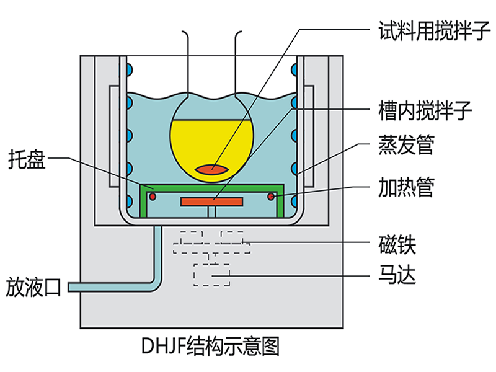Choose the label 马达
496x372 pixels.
[396, 274]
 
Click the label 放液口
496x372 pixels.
[35, 287]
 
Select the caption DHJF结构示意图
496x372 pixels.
[211, 345]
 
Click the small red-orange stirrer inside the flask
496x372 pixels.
[212, 168]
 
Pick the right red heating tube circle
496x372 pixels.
[271, 197]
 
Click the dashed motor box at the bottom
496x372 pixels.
[211, 275]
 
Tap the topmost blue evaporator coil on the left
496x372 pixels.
[128, 66]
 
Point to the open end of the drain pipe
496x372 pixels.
[70, 287]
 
